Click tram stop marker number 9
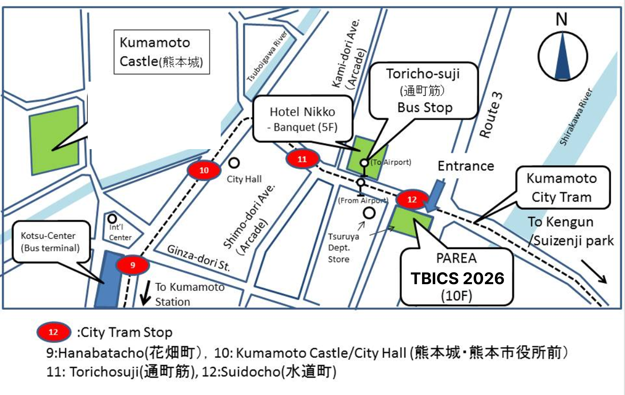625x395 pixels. pos(133,265)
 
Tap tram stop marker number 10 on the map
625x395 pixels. pos(204,170)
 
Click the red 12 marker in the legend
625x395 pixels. pos(53,332)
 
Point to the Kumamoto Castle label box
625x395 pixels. pos(162,52)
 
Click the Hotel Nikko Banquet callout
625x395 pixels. pos(303,119)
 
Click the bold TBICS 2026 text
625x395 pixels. pos(457,278)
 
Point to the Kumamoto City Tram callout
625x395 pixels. pos(562,188)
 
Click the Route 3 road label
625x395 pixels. pos(491,115)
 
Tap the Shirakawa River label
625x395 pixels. pos(576,117)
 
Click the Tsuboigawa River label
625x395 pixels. pos(267,57)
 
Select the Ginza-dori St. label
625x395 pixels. pos(199,258)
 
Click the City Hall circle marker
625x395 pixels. pos(234,163)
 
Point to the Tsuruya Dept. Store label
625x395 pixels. pos(343,248)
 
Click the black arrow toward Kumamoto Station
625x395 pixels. pos(145,293)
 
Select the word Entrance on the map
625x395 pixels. pos(466,166)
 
